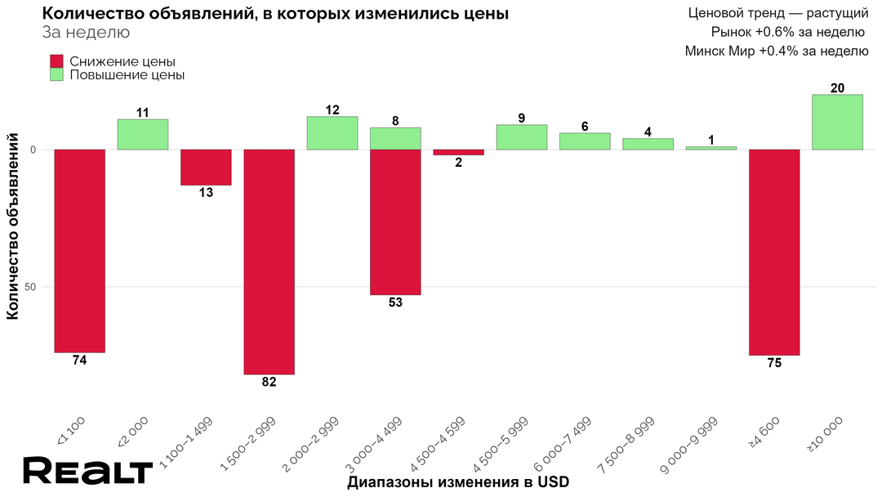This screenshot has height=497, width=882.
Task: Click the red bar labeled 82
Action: coord(269,262)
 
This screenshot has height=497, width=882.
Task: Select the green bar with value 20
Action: coord(837,122)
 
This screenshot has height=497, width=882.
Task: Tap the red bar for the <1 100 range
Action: coord(79,250)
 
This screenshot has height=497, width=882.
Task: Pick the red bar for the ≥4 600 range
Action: coord(774,252)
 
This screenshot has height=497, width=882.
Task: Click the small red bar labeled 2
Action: coord(458,152)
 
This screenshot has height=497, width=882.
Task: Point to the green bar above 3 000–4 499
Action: coord(395,138)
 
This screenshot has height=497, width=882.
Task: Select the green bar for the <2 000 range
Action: coord(143,135)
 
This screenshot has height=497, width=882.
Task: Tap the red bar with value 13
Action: coord(206,167)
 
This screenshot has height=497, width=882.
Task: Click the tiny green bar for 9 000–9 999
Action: coord(711,148)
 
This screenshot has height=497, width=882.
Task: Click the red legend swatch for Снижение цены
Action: coord(56,61)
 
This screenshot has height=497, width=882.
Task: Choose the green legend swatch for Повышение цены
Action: coord(56,74)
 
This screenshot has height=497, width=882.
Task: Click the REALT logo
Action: coord(87,472)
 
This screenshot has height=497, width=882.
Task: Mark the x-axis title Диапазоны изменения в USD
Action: coord(457,481)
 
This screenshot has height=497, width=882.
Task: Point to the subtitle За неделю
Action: coord(85,33)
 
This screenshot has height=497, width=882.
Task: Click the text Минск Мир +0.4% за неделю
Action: coord(776,51)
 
